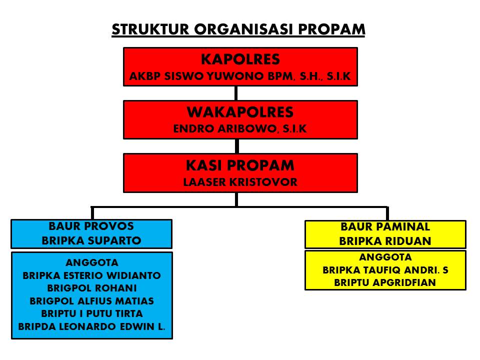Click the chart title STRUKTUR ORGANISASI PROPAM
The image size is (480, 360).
click(238, 29)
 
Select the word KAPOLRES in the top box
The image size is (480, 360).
click(240, 59)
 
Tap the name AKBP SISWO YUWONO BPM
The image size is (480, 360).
click(211, 77)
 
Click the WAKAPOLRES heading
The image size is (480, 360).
click(240, 112)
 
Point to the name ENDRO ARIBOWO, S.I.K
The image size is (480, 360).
click(240, 129)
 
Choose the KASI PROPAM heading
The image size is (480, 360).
click(240, 165)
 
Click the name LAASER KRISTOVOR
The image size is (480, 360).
click(240, 182)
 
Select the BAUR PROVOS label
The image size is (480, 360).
click(91, 226)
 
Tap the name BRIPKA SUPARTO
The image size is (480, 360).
click(91, 240)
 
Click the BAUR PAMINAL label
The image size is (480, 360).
click(385, 227)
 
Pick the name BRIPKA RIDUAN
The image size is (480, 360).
click(385, 241)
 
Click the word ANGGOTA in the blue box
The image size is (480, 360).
click(92, 262)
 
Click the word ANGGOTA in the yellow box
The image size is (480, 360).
click(385, 257)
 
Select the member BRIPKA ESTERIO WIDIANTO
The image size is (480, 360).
click(92, 275)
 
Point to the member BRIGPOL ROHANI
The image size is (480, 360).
click(92, 288)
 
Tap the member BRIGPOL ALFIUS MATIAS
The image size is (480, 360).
click(92, 301)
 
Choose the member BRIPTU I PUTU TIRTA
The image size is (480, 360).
click(92, 314)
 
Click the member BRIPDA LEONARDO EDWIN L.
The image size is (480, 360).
click(92, 327)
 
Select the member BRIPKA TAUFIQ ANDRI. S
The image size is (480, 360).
click(385, 270)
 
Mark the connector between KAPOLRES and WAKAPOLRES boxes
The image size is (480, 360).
click(236, 93)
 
